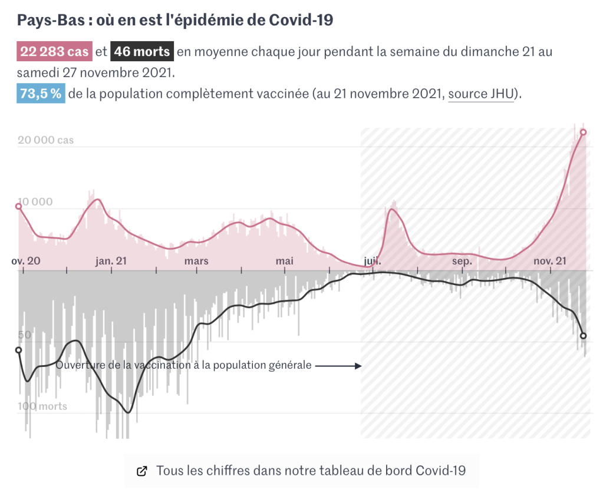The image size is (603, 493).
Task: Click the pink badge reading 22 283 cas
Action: coord(54,52)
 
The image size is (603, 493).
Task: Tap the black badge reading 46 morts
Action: coord(142,52)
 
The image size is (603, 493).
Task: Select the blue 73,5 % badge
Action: coord(41,94)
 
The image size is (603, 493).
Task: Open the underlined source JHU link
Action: coord(480,94)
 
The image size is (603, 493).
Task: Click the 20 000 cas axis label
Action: coord(45,141)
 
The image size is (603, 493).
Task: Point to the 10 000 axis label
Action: coord(35,202)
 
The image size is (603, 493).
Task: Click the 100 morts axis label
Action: coord(42,406)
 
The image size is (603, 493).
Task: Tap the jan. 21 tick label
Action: coord(111,261)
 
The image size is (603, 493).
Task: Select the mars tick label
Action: coord(196,261)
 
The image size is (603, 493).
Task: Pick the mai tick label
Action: coord(285,261)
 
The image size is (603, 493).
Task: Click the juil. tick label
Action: coord(373,261)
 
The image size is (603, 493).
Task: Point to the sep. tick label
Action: coord(462,261)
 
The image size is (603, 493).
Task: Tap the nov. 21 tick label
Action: coord(549,261)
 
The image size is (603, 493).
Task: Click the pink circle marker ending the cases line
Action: coord(584,132)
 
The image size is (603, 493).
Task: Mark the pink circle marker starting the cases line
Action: coord(18,206)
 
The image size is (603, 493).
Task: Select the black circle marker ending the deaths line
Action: coord(584,336)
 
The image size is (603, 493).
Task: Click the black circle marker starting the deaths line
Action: coord(18,350)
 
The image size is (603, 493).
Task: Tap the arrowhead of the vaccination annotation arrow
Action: coord(358,366)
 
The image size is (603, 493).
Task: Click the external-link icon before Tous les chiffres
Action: coord(141,471)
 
